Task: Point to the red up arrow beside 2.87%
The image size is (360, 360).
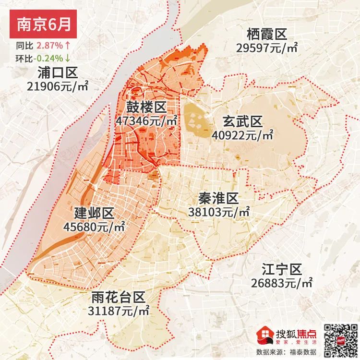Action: tap(68, 46)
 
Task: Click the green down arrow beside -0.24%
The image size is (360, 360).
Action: tap(68, 58)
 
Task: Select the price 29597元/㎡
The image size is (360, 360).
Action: tap(267, 48)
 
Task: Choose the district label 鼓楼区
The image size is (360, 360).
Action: tap(146, 107)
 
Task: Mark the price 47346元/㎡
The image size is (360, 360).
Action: tap(146, 120)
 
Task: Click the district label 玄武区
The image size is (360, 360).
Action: tap(242, 121)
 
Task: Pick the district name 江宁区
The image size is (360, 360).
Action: tap(281, 268)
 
